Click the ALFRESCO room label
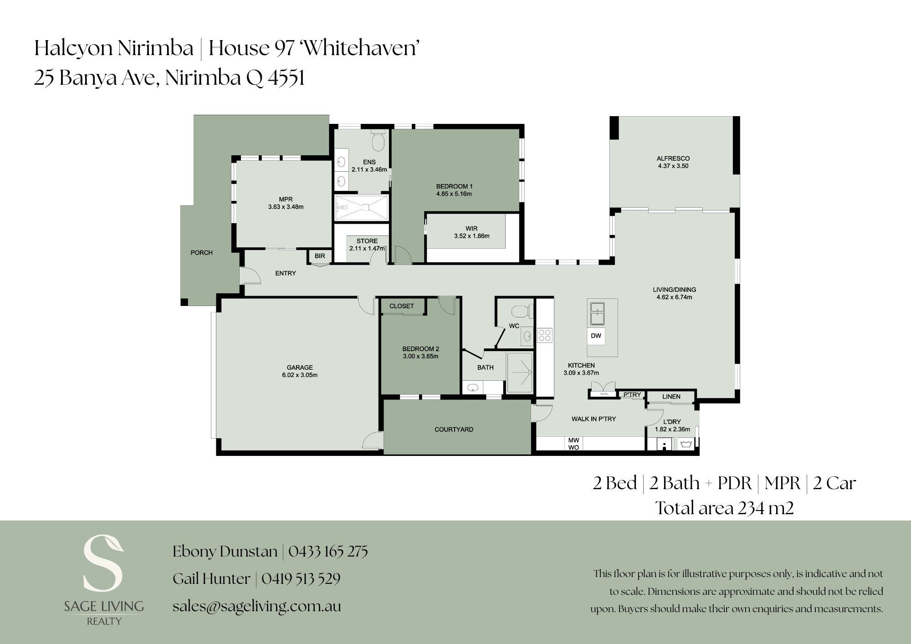pos(673,158)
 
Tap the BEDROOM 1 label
pos(454,186)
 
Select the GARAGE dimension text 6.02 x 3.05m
pos(300,375)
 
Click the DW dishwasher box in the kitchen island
pos(596,336)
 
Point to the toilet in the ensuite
pos(378,140)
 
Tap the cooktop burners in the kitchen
pos(545,335)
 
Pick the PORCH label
pos(201,253)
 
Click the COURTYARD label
pos(454,429)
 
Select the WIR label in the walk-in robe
pos(471,229)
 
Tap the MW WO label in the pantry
pos(573,444)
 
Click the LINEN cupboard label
pos(671,397)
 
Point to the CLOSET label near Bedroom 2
pos(401,306)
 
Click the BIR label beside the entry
pos(320,256)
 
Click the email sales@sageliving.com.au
pos(257,606)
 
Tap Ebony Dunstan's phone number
pos(328,552)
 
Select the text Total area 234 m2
pos(725,508)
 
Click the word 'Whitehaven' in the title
pos(360,48)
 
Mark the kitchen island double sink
pos(596,313)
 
